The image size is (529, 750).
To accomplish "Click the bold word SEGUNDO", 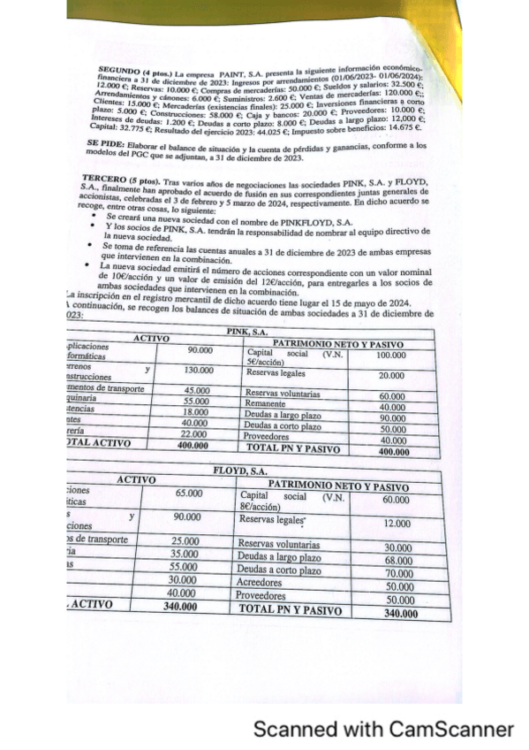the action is click(x=117, y=68).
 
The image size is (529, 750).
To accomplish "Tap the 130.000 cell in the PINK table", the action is click(x=199, y=371).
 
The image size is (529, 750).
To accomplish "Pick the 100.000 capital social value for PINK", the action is click(x=390, y=356).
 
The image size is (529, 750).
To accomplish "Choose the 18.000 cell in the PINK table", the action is click(x=197, y=412).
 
